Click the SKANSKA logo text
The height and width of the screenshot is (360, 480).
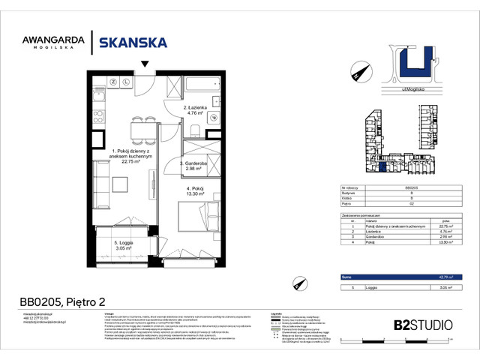pos(133,43)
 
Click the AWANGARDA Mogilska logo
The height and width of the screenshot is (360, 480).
pos(53,43)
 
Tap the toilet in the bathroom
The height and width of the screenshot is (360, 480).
pos(212,117)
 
